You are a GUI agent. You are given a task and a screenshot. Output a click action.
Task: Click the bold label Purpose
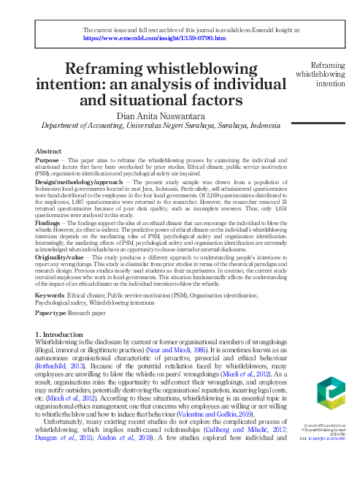(x=47, y=159)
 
